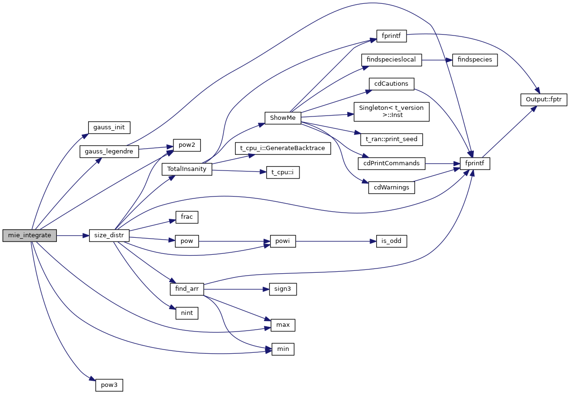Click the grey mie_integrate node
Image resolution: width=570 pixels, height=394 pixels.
pyautogui.click(x=29, y=235)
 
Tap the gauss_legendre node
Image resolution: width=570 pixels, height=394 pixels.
pyautogui.click(x=109, y=152)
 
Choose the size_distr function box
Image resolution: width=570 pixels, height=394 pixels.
pyautogui.click(x=109, y=235)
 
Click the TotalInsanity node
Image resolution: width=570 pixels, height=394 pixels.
pyautogui.click(x=187, y=169)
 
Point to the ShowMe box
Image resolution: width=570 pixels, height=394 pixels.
pyautogui.click(x=283, y=117)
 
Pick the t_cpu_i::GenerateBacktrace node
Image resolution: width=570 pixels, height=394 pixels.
pyautogui.click(x=282, y=148)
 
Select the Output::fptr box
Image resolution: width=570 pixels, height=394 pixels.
pyautogui.click(x=543, y=100)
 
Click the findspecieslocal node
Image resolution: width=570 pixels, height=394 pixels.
pyautogui.click(x=391, y=60)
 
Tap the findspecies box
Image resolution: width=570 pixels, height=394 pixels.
pyautogui.click(x=475, y=60)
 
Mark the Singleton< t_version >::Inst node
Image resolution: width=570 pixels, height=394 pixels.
pyautogui.click(x=391, y=111)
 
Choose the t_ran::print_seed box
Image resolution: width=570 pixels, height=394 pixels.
pyautogui.click(x=391, y=140)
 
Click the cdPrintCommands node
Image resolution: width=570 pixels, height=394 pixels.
pyautogui.click(x=391, y=163)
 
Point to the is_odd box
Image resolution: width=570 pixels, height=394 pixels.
pyautogui.click(x=391, y=241)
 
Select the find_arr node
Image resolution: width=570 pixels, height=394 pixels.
pyautogui.click(x=187, y=289)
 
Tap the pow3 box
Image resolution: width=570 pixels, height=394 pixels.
pyautogui.click(x=109, y=385)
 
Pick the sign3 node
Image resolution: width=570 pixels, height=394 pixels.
pyautogui.click(x=282, y=289)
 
